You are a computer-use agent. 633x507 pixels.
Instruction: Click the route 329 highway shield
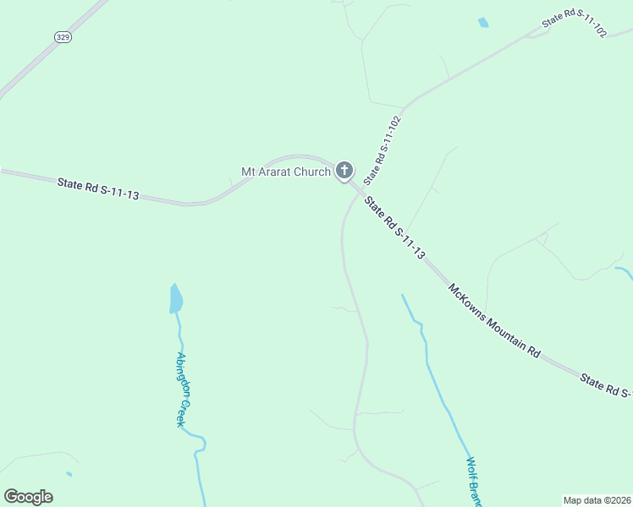pos(63,36)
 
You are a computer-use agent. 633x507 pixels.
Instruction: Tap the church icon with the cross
pos(344,171)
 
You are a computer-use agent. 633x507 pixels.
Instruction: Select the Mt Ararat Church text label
pos(286,172)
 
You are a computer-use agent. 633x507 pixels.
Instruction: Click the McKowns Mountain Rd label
pos(494,320)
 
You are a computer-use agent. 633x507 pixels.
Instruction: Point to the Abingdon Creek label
pos(180,389)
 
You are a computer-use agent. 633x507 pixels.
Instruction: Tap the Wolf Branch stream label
pos(474,482)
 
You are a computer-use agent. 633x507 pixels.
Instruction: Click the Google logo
pos(28,497)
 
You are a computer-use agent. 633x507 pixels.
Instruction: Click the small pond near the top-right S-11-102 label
pos(483,23)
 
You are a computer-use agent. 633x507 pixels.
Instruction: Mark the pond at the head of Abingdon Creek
pos(176,298)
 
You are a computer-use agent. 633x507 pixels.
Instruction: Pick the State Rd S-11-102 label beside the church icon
pos(382,150)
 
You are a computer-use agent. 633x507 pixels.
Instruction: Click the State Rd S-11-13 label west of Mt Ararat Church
pos(98,188)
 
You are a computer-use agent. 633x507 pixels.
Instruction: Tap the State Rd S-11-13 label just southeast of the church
pos(394,228)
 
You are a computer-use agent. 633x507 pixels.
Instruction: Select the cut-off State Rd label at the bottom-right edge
pos(606,386)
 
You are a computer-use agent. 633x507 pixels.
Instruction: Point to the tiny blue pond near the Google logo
pos(69,474)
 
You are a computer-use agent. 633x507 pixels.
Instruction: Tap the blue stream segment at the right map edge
pos(624,273)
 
